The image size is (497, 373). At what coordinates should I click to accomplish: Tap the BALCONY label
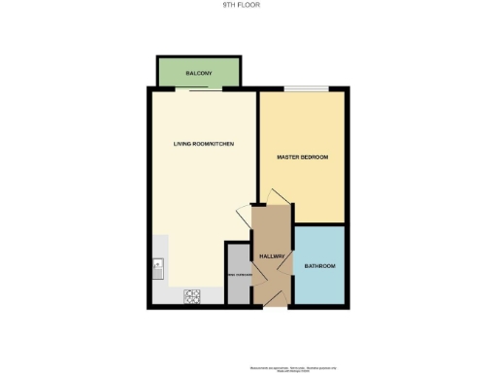point(199,73)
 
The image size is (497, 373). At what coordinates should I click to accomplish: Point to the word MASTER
point(288,156)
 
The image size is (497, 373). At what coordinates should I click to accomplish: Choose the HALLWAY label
point(271,256)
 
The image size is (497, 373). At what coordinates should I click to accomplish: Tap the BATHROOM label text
point(319,266)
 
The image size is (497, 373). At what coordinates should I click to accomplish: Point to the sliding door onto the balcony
point(208,89)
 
